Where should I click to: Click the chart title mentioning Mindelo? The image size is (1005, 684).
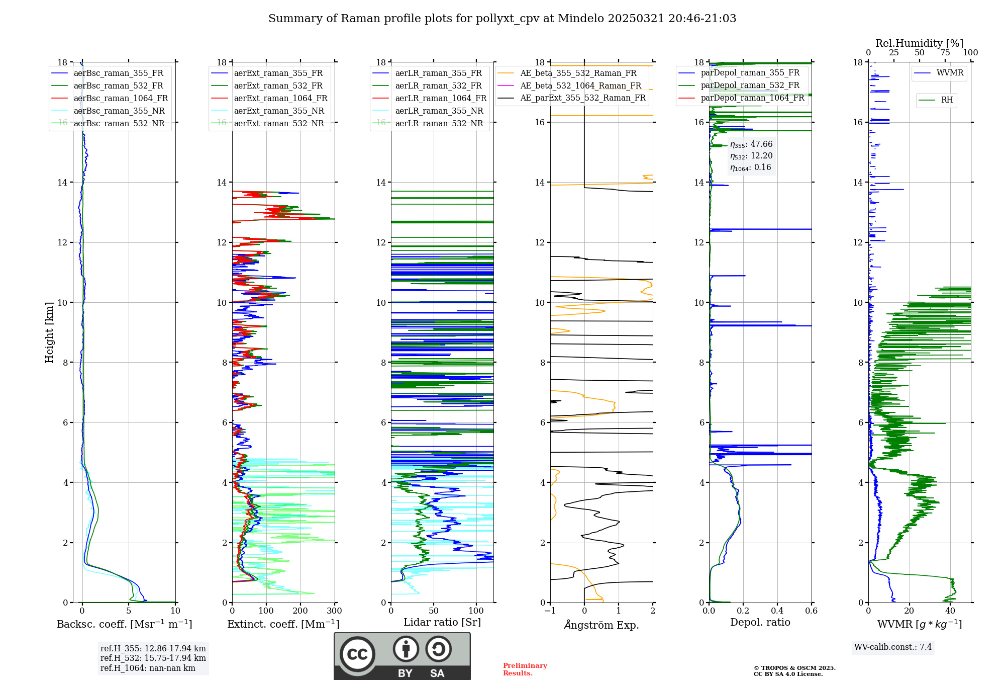coord(502,19)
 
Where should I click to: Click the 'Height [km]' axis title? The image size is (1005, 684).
coord(49,332)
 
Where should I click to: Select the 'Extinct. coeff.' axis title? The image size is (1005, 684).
coord(283,624)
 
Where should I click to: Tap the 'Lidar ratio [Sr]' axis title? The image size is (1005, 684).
coord(442,623)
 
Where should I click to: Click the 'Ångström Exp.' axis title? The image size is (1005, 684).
coord(601,625)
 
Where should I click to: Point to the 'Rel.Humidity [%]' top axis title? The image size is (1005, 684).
coord(920,43)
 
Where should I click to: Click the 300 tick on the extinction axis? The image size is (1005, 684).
coord(334,611)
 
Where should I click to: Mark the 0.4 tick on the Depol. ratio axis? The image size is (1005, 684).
coord(777,611)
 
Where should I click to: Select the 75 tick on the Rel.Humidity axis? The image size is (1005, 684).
coord(945,53)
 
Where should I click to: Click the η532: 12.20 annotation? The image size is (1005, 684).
coord(751,156)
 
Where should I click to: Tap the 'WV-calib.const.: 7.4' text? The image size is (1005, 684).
coord(893,647)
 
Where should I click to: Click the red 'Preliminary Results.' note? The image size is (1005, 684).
coord(525,669)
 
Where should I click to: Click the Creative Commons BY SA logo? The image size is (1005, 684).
coord(402,656)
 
